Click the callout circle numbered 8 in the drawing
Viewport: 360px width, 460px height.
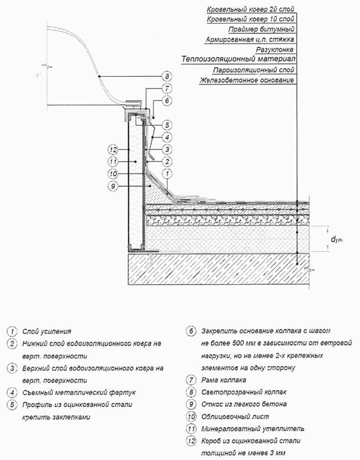(167, 76)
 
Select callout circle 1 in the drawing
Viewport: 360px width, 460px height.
(167, 174)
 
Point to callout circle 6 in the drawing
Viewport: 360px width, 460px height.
(167, 101)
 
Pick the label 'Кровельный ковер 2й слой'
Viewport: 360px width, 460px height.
(251, 10)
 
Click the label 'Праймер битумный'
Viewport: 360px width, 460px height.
(262, 29)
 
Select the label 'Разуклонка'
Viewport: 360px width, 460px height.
(275, 50)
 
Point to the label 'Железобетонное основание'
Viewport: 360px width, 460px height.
(247, 80)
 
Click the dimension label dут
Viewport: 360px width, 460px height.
(336, 239)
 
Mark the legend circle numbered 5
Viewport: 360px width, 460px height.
(11, 404)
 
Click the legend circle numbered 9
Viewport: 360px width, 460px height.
(190, 404)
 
